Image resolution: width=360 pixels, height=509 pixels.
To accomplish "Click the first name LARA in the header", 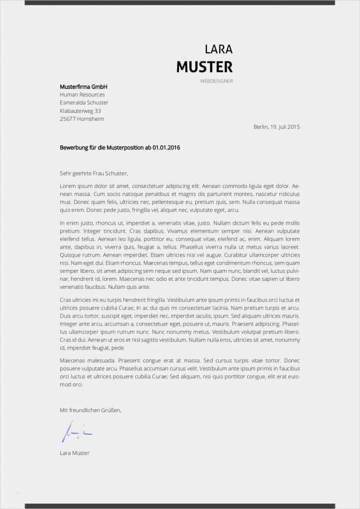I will click(218, 49).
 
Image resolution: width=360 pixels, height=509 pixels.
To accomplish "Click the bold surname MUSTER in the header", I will click(204, 67).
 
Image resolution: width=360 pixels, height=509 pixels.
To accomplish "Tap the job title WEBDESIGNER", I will click(216, 81).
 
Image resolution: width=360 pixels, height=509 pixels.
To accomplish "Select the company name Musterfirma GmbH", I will click(84, 86).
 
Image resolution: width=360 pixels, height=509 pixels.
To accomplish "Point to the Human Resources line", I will click(82, 94).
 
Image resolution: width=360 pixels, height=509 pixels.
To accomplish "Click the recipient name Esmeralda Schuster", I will click(84, 102).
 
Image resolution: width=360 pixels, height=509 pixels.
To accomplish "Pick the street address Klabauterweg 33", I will click(80, 111).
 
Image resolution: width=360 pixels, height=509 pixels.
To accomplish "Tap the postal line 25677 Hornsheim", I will click(82, 119).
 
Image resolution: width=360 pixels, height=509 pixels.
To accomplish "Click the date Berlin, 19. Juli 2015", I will click(276, 127).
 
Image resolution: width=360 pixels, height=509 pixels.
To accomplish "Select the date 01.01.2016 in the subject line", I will click(167, 148).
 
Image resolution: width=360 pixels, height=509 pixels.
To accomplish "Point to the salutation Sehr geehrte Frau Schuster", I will click(94, 173).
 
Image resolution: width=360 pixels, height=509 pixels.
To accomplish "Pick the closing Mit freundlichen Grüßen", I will click(90, 410).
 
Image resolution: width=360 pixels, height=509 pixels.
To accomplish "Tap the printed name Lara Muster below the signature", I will click(75, 453).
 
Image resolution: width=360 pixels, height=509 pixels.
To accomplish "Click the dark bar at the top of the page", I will click(180, 2).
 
